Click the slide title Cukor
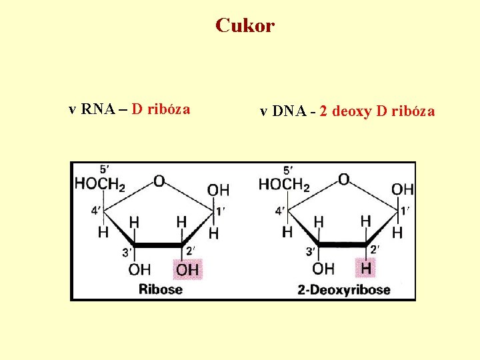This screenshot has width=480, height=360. (x=245, y=26)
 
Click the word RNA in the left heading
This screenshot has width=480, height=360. (x=95, y=109)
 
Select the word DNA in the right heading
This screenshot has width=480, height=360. (x=287, y=111)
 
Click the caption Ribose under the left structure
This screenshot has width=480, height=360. (x=160, y=289)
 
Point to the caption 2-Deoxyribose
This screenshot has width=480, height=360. (x=343, y=289)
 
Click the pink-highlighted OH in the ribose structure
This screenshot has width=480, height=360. (x=187, y=270)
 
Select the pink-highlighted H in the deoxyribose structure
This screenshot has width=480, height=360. (x=366, y=269)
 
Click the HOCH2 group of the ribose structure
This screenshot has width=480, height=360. (x=100, y=183)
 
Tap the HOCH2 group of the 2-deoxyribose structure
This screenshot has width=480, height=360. (x=284, y=183)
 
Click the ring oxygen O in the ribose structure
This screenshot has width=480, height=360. (x=159, y=180)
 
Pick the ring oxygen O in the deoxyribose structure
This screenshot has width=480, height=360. (x=343, y=179)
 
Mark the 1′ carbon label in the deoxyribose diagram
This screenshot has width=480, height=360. (x=405, y=211)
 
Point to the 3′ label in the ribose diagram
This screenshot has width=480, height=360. (x=126, y=252)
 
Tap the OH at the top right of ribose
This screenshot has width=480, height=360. (x=218, y=190)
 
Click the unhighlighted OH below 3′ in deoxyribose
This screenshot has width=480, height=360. (x=323, y=269)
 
